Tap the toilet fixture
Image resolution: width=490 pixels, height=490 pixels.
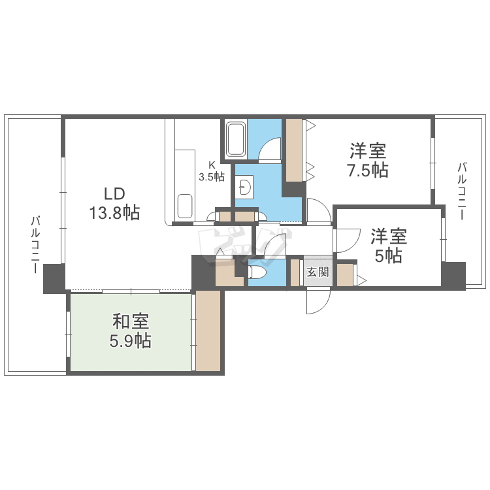click(x=256, y=272)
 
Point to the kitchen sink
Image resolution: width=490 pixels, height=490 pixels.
click(x=185, y=206)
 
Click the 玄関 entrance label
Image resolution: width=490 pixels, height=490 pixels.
click(x=318, y=272)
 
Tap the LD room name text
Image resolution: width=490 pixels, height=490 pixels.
click(x=114, y=194)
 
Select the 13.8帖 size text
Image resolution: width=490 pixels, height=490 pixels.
click(x=114, y=213)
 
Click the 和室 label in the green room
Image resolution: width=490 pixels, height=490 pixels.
click(x=131, y=321)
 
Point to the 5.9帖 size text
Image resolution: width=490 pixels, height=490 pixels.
click(x=131, y=340)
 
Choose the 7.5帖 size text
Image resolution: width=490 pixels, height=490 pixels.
click(x=367, y=171)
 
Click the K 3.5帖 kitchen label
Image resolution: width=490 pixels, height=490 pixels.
click(x=212, y=171)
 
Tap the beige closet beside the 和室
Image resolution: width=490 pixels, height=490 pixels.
click(x=208, y=331)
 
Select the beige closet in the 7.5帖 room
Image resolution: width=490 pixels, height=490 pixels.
click(x=294, y=150)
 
